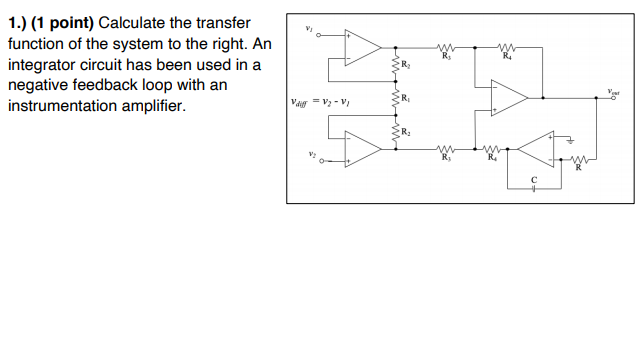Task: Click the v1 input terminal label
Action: coord(309,30)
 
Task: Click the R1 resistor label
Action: coord(405,98)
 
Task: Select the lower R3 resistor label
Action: coord(446,158)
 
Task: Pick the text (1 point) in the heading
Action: coord(61,23)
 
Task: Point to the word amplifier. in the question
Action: coord(154,105)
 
